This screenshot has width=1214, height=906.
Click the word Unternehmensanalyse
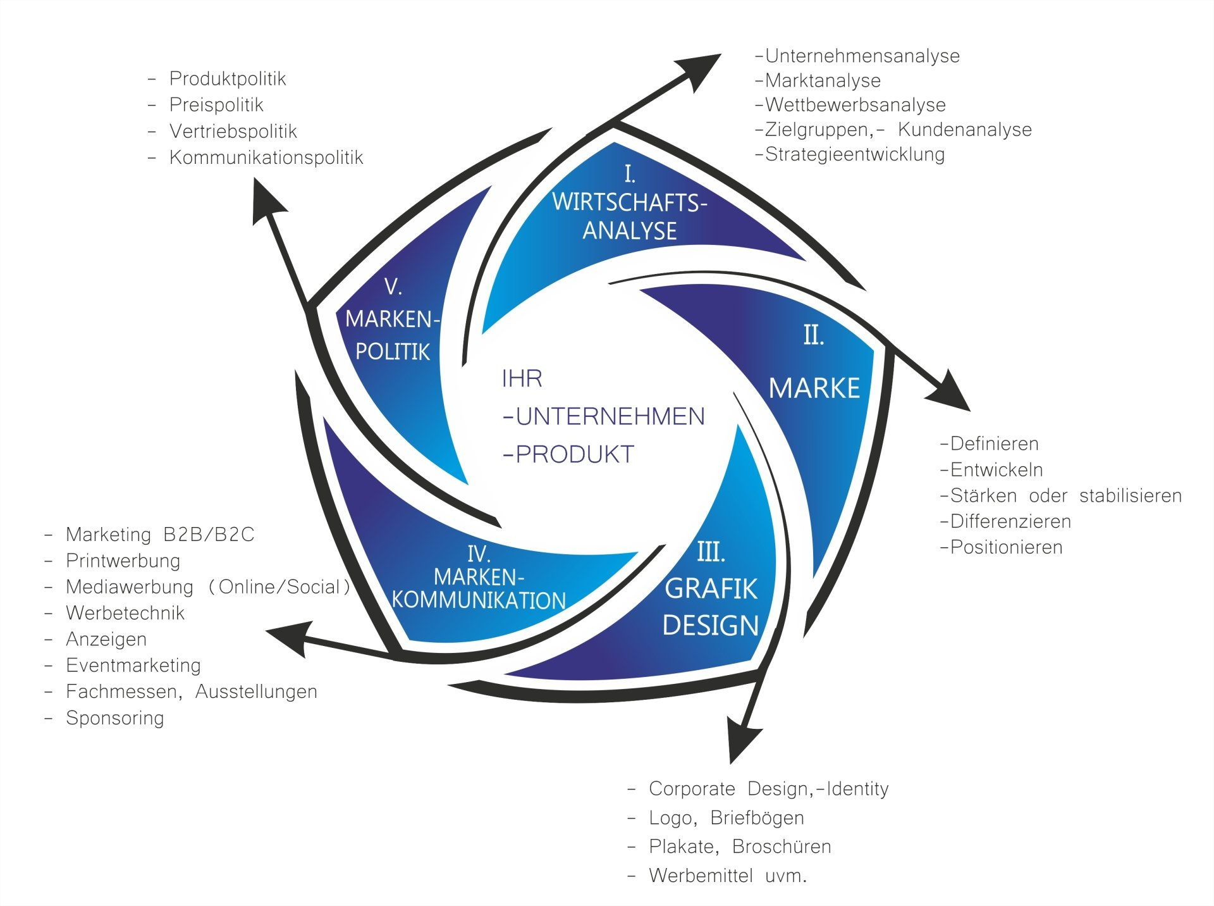click(862, 56)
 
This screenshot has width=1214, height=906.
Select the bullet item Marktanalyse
click(823, 81)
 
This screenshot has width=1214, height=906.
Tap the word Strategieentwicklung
click(855, 154)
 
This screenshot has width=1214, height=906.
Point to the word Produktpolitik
click(228, 79)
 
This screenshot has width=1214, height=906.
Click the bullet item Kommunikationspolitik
click(266, 158)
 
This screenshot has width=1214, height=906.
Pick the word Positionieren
click(1006, 547)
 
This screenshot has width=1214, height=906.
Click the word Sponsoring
click(115, 718)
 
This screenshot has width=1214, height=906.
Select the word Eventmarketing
click(133, 666)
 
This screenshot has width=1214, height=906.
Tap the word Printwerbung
click(123, 561)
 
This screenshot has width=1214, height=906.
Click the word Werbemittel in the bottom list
click(701, 876)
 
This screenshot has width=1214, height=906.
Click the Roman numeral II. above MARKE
click(814, 335)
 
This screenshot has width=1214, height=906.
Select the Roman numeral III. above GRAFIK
click(711, 552)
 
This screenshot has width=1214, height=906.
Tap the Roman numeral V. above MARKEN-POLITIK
click(393, 287)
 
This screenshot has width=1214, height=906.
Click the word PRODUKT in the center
click(575, 455)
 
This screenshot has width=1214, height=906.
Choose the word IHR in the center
click(522, 379)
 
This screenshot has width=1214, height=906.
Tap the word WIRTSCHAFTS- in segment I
click(629, 203)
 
